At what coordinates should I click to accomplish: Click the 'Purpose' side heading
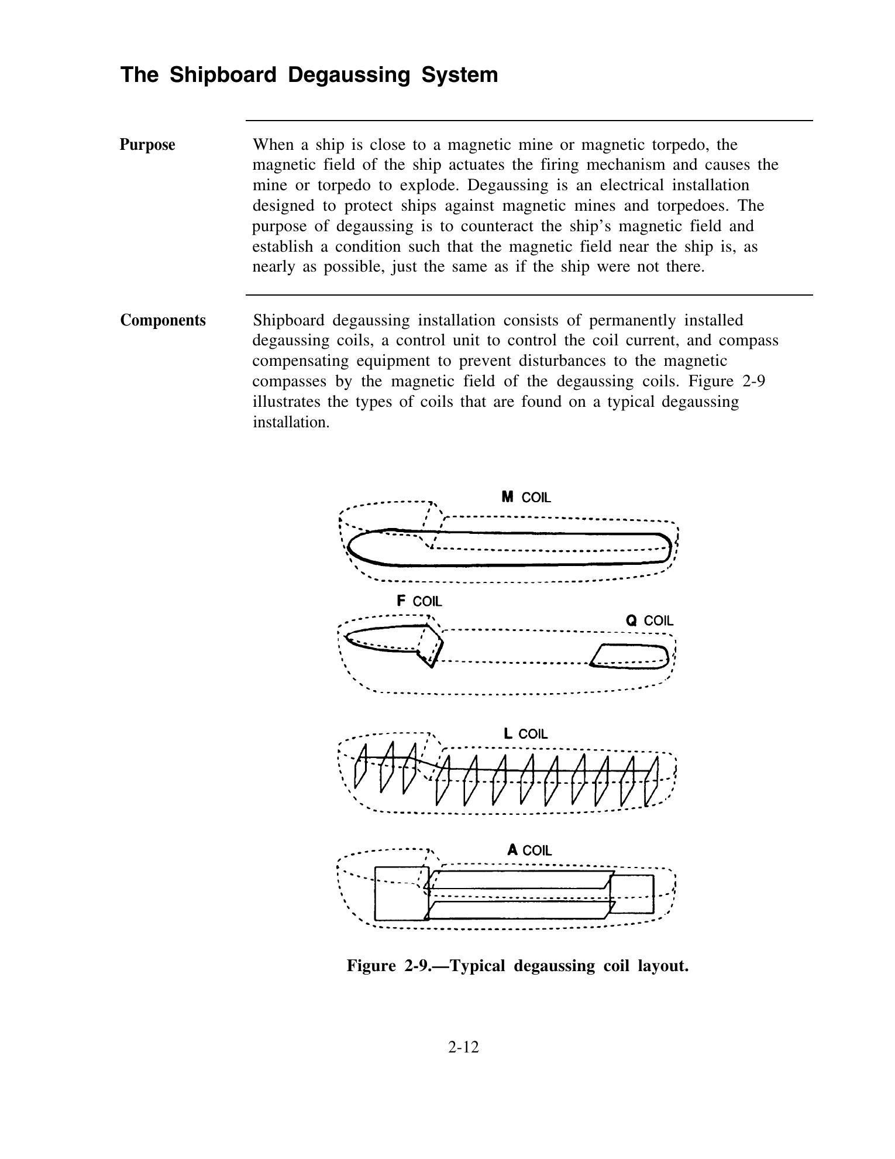[147, 145]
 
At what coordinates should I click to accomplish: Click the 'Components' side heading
[163, 320]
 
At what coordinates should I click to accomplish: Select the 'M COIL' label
[526, 498]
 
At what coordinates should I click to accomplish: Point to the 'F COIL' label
[419, 601]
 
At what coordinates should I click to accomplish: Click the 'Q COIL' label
[649, 620]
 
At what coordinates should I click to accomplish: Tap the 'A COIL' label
[529, 850]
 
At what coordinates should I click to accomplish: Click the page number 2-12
[463, 1047]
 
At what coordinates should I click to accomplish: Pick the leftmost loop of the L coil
[360, 767]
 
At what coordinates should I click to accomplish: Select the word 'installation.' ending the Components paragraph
[291, 422]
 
